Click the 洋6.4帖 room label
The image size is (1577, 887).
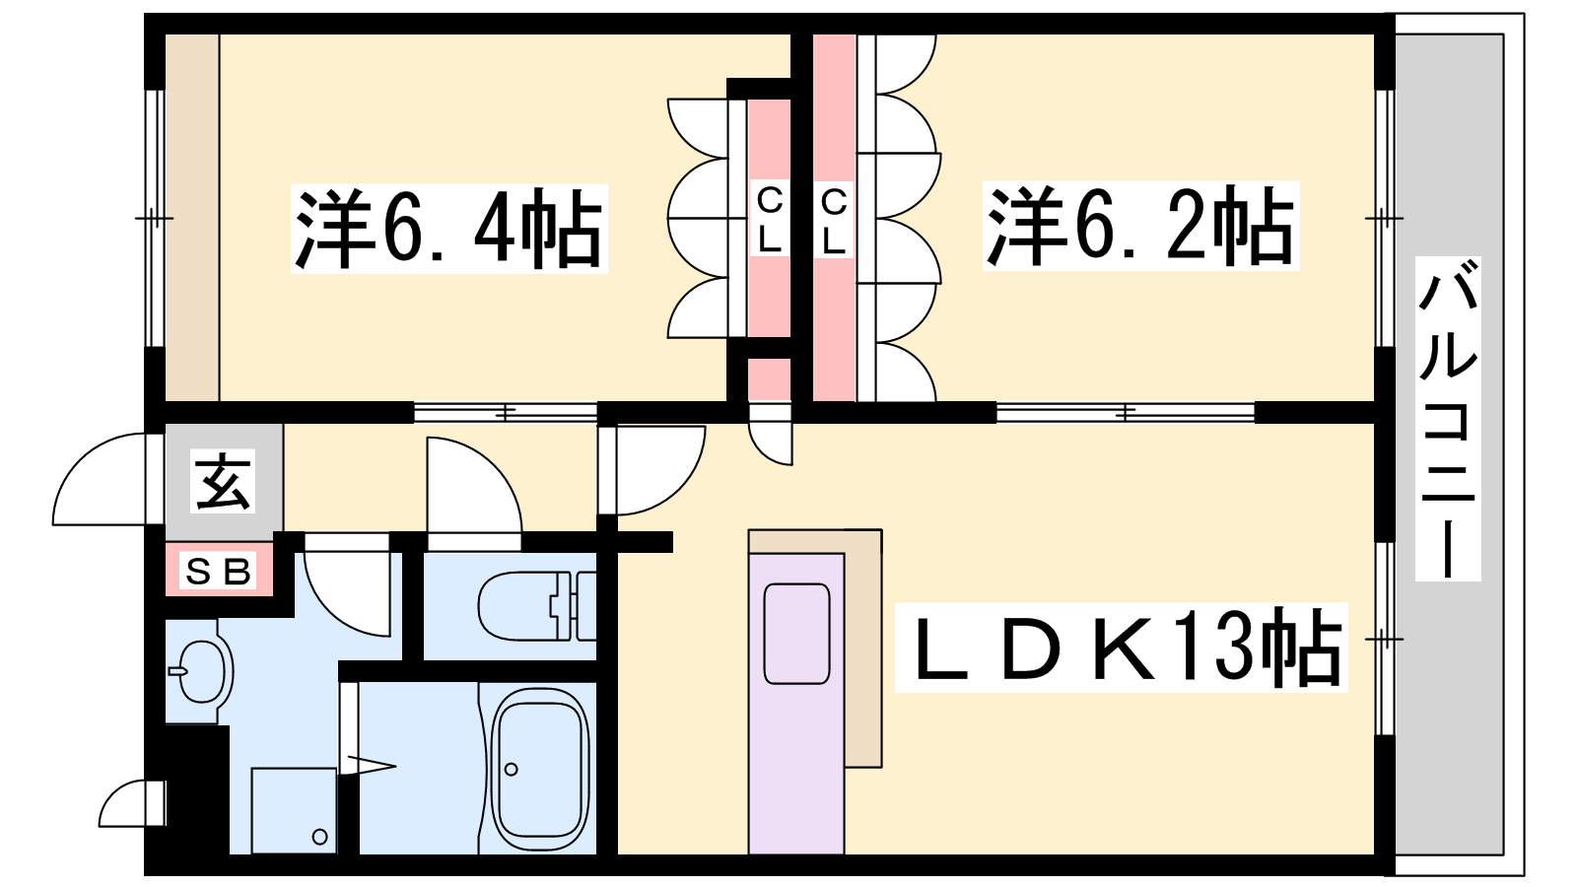click(449, 229)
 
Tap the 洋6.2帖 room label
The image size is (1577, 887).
click(1140, 226)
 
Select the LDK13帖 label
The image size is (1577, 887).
click(1121, 647)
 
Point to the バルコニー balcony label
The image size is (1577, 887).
click(1448, 419)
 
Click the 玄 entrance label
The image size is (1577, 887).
click(223, 484)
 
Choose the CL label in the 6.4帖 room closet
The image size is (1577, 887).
click(769, 220)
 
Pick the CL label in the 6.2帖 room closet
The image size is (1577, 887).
click(834, 220)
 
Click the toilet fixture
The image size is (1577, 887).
click(537, 605)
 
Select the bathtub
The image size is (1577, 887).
click(540, 769)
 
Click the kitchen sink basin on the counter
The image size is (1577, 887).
click(797, 634)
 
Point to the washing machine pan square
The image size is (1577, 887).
click(294, 810)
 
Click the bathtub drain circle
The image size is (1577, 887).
click(512, 770)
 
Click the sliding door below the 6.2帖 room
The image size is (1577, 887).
click(1125, 413)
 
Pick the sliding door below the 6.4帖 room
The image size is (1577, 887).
click(506, 413)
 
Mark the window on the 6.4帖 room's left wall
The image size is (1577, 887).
click(154, 218)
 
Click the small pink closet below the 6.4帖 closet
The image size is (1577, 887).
click(769, 379)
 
